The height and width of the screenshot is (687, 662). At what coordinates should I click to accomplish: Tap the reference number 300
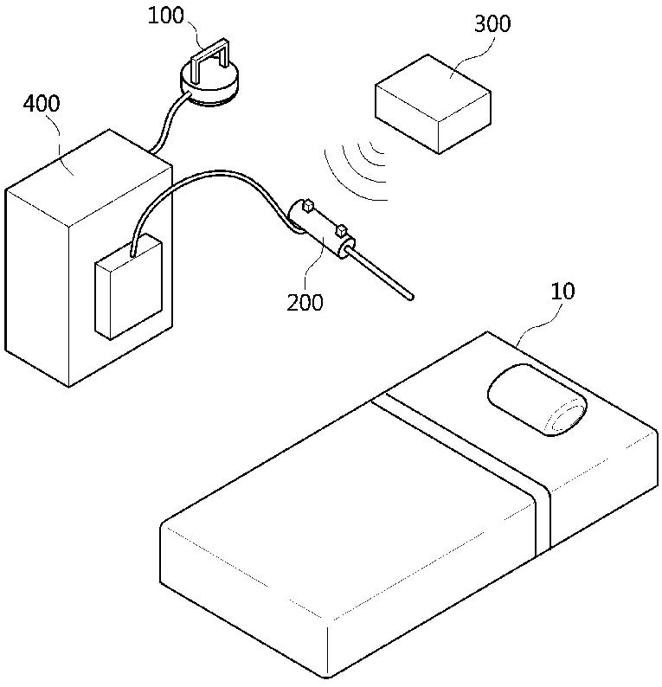pos(492,23)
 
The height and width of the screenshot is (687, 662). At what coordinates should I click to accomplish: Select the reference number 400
pos(42,105)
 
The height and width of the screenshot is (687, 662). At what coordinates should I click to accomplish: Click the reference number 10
pos(562,291)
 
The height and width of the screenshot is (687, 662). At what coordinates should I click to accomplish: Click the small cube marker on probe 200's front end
pos(343,230)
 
